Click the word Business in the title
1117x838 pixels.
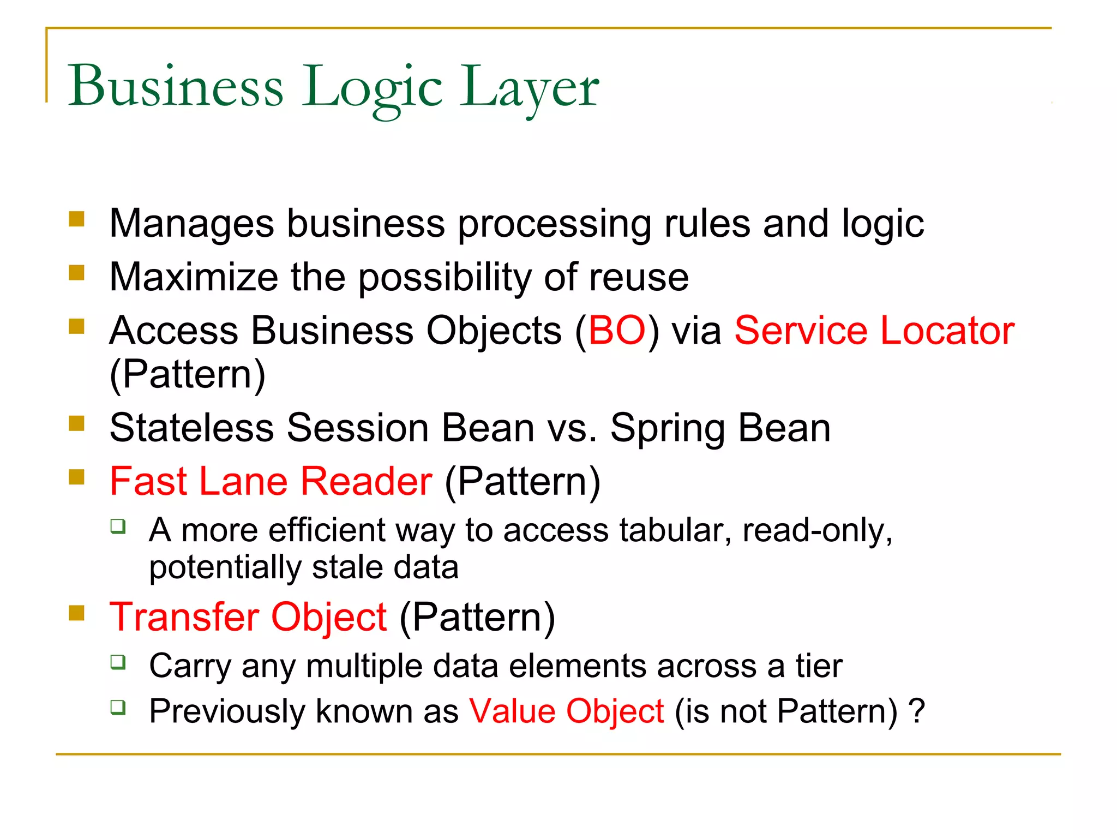point(176,86)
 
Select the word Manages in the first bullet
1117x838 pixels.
point(191,223)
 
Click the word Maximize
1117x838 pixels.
point(194,277)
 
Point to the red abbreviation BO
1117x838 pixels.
point(617,331)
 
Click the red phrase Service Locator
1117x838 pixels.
point(874,331)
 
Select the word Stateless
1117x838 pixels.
point(191,427)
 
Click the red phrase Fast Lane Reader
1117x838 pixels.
point(271,481)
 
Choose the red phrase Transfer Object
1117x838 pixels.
point(248,617)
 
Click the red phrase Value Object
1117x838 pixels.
point(567,711)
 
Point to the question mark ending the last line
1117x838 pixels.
point(917,711)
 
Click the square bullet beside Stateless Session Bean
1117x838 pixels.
point(77,423)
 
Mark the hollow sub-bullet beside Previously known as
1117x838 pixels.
point(118,707)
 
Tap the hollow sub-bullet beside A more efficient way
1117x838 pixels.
point(118,526)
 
